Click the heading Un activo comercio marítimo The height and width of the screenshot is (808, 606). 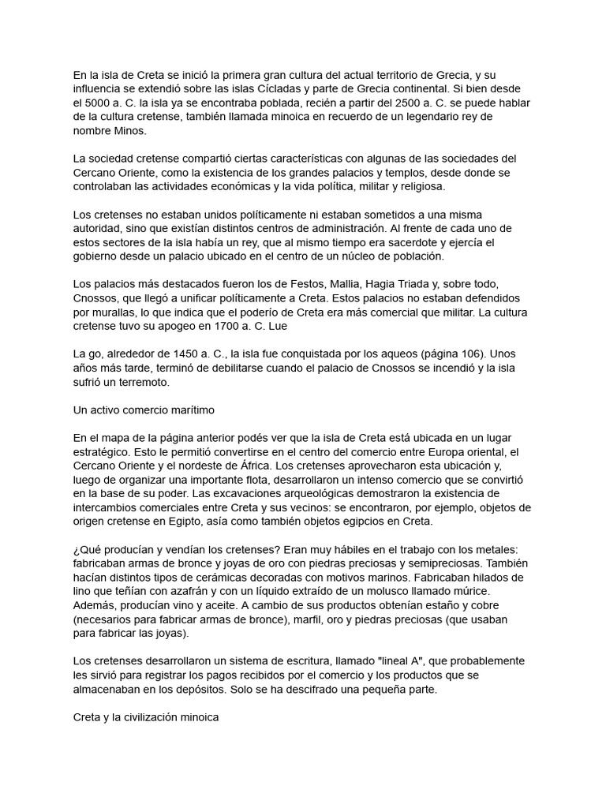(144, 410)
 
